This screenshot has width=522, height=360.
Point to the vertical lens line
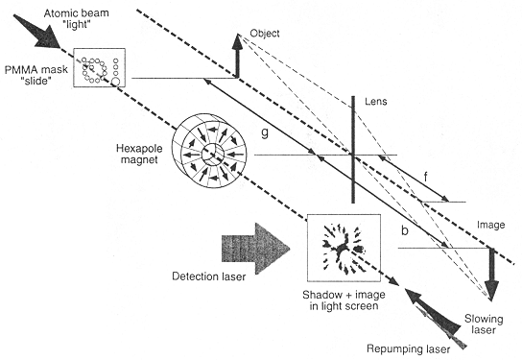[355, 154]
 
